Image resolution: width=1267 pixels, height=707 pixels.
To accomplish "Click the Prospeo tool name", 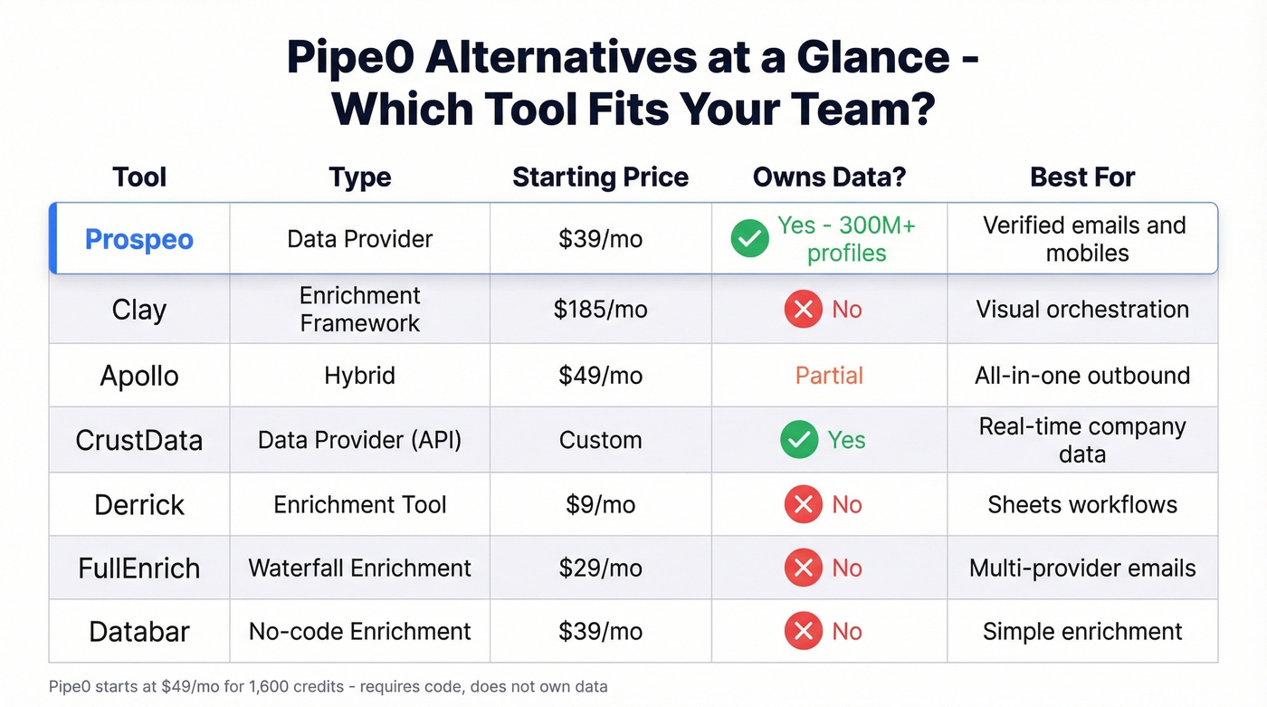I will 138,239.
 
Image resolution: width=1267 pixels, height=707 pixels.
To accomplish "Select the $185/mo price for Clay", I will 600,310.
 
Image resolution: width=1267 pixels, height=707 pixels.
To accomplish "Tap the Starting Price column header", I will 600,177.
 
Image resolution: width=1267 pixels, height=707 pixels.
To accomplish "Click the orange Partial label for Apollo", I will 829,376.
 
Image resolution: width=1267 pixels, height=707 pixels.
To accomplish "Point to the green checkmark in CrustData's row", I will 800,440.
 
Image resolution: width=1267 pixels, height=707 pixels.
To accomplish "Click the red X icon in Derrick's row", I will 803,504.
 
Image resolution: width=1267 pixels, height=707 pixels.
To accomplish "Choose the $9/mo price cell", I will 600,504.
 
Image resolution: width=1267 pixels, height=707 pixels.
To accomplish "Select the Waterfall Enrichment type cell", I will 359,568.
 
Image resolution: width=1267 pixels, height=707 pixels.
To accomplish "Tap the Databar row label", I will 138,631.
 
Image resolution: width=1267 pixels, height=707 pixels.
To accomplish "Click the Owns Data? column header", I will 829,177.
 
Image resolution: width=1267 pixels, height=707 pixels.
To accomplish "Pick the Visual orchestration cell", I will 1082,310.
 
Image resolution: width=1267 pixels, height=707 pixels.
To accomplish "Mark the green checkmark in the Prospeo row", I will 749,239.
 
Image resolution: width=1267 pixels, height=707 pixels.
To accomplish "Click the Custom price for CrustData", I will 600,440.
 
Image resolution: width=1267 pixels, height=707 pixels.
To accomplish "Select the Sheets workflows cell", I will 1082,504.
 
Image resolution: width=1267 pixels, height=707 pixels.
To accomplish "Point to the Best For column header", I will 1082,177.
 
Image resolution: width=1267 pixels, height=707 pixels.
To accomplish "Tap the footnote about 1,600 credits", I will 328,686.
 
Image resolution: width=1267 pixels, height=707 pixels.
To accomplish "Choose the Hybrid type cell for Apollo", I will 359,376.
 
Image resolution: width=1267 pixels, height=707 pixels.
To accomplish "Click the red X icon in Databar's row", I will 803,631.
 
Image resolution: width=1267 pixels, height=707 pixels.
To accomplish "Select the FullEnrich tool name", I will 138,568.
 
